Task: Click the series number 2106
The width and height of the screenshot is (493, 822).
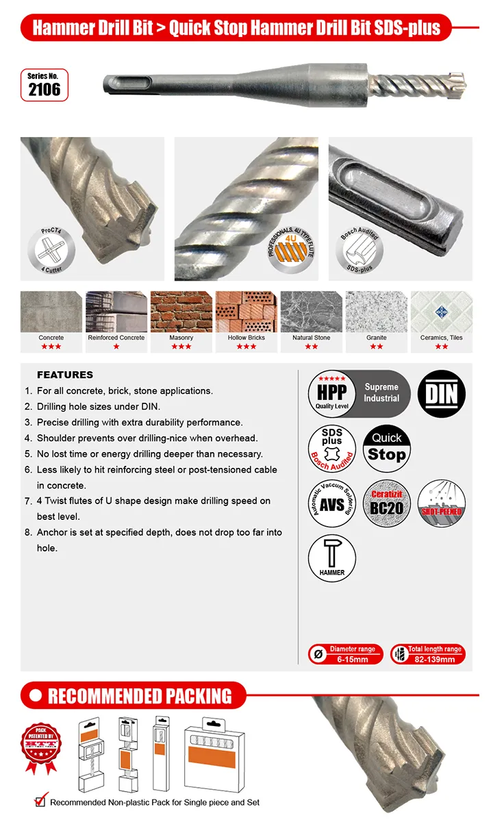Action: click(x=44, y=90)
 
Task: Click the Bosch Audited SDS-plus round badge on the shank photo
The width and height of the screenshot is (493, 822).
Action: click(x=360, y=251)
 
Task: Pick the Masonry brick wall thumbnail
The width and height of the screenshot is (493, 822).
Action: click(x=181, y=312)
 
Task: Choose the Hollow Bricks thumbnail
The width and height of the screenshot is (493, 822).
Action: click(x=246, y=312)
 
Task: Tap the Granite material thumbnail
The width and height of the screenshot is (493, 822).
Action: click(x=376, y=312)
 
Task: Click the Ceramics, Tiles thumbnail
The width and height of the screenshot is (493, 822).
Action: click(x=441, y=312)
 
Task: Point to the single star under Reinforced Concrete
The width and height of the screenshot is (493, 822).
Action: click(x=116, y=347)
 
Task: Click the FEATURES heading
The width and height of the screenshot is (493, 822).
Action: click(x=65, y=375)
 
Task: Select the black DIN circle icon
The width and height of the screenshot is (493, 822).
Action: click(x=441, y=394)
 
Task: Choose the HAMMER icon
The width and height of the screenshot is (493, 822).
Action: click(x=332, y=558)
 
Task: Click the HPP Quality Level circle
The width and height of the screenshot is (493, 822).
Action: click(x=332, y=394)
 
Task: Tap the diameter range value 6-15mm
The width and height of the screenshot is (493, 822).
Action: click(x=353, y=660)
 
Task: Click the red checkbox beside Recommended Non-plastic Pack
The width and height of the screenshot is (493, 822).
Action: click(x=40, y=801)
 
